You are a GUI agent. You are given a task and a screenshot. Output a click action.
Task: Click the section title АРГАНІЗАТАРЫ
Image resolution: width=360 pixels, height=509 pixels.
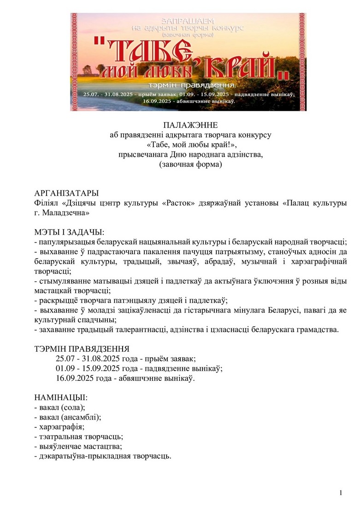67,193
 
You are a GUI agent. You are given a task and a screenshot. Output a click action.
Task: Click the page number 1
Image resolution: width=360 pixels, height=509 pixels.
341,493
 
